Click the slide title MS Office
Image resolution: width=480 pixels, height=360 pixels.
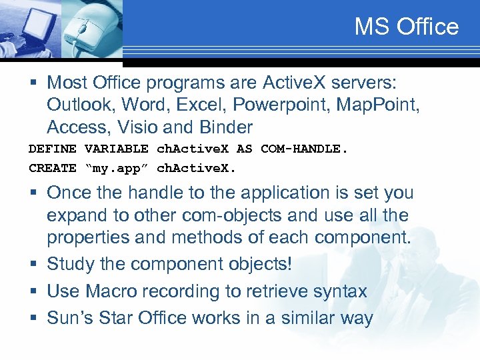(x=406, y=27)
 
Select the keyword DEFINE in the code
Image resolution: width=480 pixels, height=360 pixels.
(x=53, y=149)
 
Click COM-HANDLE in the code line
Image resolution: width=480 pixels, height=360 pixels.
(x=304, y=149)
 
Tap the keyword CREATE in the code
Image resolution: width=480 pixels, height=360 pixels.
(x=53, y=168)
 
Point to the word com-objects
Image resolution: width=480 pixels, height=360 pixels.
(x=248, y=216)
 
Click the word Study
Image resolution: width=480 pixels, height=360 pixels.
(x=71, y=264)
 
